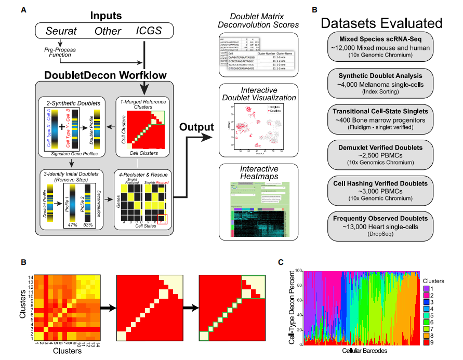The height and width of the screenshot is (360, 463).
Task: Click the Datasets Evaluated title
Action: click(x=381, y=23)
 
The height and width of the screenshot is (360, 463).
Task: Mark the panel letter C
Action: click(x=281, y=262)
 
